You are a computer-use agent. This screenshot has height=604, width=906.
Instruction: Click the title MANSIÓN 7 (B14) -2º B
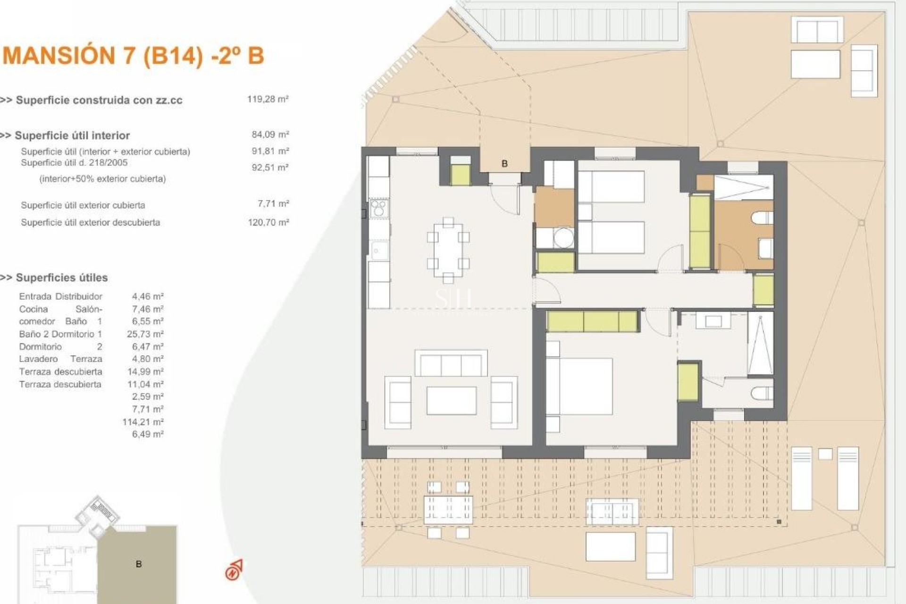coord(133,56)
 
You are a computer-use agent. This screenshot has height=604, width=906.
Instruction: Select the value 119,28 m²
coord(268,99)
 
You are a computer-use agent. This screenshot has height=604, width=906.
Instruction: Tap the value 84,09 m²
coord(270,134)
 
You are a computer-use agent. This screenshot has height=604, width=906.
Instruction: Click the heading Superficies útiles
coord(61,277)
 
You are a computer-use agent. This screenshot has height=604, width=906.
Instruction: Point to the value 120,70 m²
coord(268,222)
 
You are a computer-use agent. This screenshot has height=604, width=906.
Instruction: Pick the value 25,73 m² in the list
coord(145,334)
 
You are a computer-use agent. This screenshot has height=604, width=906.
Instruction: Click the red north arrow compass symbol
coord(234,570)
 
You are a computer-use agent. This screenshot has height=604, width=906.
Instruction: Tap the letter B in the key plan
coord(139,564)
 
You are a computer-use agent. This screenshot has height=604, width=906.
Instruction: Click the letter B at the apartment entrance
coord(504,164)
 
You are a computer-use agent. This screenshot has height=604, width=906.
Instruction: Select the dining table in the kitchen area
coord(448,250)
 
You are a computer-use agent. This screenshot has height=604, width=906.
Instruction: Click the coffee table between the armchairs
coord(451,401)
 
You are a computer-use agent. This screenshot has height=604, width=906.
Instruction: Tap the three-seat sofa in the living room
coord(451,363)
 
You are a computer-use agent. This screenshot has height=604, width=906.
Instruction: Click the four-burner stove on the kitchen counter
coord(378,208)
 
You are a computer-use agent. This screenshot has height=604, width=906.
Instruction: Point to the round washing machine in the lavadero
coord(563,237)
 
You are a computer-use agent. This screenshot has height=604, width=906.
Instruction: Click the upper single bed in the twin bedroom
coord(612,187)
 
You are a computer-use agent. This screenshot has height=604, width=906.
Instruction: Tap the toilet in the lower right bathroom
coord(762,393)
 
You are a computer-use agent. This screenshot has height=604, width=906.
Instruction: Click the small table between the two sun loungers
coord(825,454)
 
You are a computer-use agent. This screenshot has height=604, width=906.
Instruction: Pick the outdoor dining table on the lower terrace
coord(448,510)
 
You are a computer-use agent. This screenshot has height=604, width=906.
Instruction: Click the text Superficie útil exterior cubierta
coord(83,205)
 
